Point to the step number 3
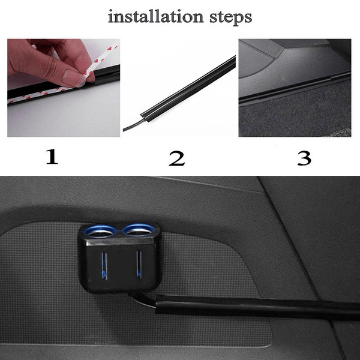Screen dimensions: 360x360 click(304, 158)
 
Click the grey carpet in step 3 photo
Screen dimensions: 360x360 click(294, 114)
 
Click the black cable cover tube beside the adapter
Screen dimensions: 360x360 click(252, 305)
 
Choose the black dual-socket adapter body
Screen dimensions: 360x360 click(120, 264)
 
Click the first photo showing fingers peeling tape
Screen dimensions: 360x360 click(63, 88)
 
